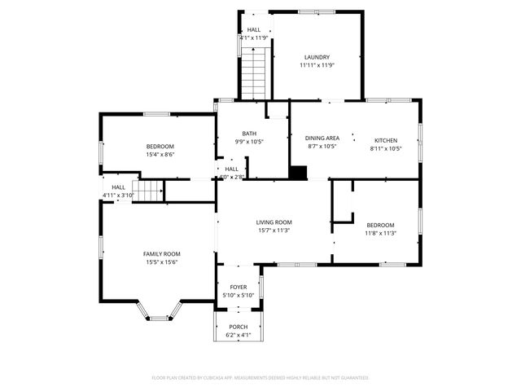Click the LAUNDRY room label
(316, 57)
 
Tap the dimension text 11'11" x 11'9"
(316, 65)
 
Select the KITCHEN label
(385, 139)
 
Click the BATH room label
(250, 134)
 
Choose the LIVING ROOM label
(274, 222)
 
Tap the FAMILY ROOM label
(161, 254)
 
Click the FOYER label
(239, 288)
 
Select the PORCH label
(239, 327)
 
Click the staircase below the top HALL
(254, 72)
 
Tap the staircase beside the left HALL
(147, 191)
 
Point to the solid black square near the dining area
(300, 173)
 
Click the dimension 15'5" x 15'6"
(161, 262)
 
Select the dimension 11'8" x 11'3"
(379, 233)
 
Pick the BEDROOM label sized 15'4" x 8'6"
(160, 146)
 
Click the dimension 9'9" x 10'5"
(250, 142)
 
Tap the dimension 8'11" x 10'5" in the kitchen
(385, 147)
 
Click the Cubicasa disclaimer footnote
(260, 378)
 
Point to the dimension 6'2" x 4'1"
(239, 335)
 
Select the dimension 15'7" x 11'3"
(274, 231)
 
